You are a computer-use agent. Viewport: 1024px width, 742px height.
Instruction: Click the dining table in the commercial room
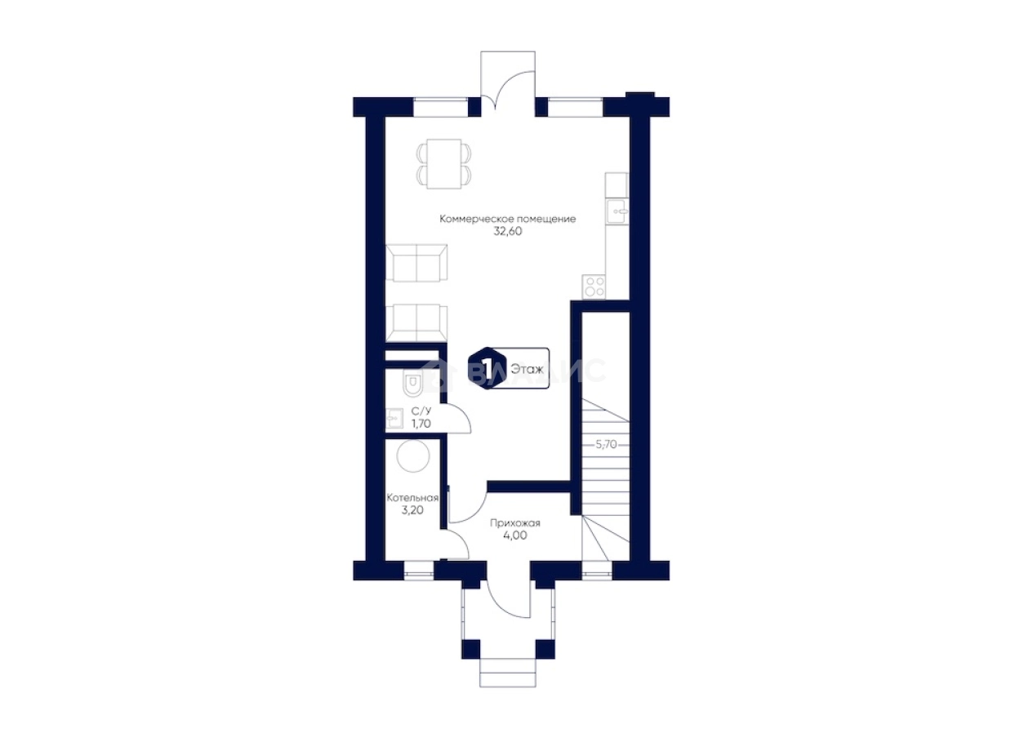pyautogui.click(x=443, y=163)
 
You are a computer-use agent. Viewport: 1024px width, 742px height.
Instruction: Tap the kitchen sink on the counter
pyautogui.click(x=617, y=211)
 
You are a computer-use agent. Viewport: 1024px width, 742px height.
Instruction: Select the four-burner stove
pyautogui.click(x=594, y=287)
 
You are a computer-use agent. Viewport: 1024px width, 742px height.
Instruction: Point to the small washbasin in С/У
pyautogui.click(x=394, y=418)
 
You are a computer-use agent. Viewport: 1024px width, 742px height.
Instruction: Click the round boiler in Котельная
pyautogui.click(x=413, y=456)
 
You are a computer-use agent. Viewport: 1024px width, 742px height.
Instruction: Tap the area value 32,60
pyautogui.click(x=507, y=231)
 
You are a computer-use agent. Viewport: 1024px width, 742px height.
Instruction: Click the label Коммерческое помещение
pyautogui.click(x=507, y=219)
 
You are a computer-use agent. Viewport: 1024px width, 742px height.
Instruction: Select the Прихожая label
pyautogui.click(x=515, y=523)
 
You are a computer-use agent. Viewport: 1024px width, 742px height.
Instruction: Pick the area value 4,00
pyautogui.click(x=515, y=535)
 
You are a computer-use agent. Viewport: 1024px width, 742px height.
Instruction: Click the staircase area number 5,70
pyautogui.click(x=606, y=444)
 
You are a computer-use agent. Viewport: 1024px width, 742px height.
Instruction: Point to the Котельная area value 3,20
pyautogui.click(x=412, y=510)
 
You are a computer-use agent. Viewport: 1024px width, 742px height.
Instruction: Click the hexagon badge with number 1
pyautogui.click(x=486, y=368)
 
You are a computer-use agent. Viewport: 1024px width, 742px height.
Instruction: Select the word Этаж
pyautogui.click(x=527, y=369)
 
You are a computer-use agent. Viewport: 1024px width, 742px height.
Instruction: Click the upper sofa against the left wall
pyautogui.click(x=416, y=263)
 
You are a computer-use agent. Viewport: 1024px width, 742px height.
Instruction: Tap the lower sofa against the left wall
pyautogui.click(x=416, y=323)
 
